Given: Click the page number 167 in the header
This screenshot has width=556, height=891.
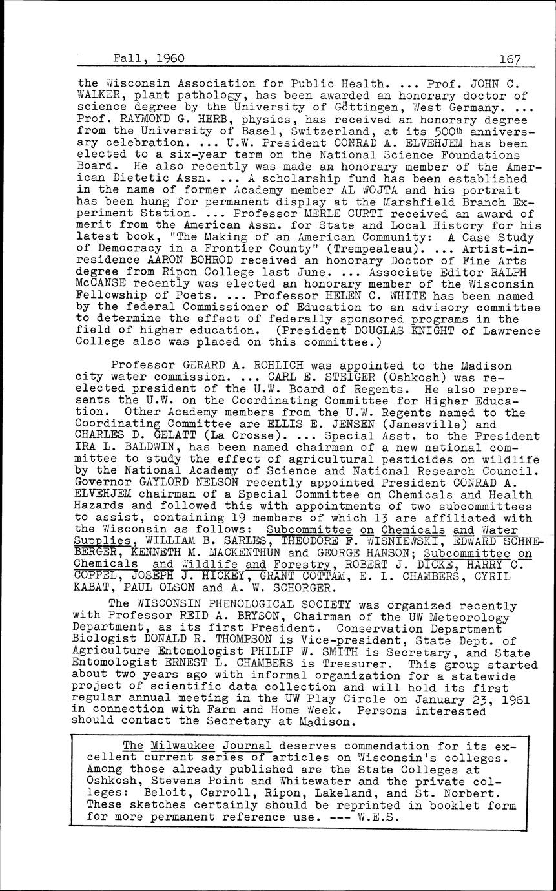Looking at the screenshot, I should (510, 58).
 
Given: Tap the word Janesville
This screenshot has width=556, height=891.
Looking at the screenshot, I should (432, 424).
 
